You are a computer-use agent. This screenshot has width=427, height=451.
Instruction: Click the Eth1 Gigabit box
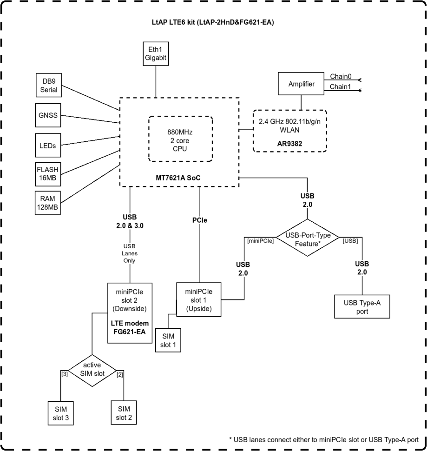(x=155, y=53)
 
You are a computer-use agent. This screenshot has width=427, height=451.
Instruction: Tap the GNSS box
(x=48, y=115)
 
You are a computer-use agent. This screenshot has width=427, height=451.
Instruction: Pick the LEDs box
(x=48, y=145)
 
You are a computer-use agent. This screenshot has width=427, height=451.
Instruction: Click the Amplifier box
(x=301, y=85)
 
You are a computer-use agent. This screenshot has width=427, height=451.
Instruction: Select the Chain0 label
(x=341, y=76)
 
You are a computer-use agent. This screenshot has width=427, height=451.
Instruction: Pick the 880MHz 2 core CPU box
(x=180, y=139)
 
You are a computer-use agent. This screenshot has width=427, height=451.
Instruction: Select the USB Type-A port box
(x=362, y=307)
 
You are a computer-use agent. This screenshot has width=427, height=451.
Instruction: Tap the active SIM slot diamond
(x=92, y=368)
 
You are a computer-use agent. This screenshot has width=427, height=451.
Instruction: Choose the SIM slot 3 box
(x=61, y=413)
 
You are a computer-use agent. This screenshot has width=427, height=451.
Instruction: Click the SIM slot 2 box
(x=124, y=412)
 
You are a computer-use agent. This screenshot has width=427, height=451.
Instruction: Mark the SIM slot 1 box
(x=169, y=339)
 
